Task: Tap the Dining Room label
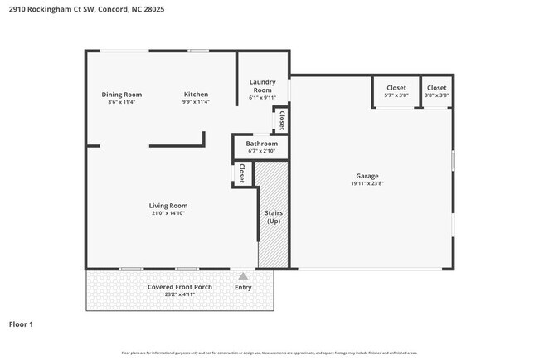point(121,95)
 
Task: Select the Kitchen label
point(196,95)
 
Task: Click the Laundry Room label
point(262,85)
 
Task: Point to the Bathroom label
point(261,144)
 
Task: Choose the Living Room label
point(168,206)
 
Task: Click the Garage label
point(367,176)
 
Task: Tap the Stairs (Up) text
point(273,218)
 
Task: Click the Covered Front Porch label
point(180,287)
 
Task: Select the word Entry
point(243,287)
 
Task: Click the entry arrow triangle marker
point(243,276)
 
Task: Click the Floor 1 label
point(21,324)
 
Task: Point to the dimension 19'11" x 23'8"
point(367,184)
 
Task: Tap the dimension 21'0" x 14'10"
point(168,213)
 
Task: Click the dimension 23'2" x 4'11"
point(180,294)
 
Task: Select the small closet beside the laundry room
point(282,120)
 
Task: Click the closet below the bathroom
point(241,173)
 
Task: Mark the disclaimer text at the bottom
point(269,352)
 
